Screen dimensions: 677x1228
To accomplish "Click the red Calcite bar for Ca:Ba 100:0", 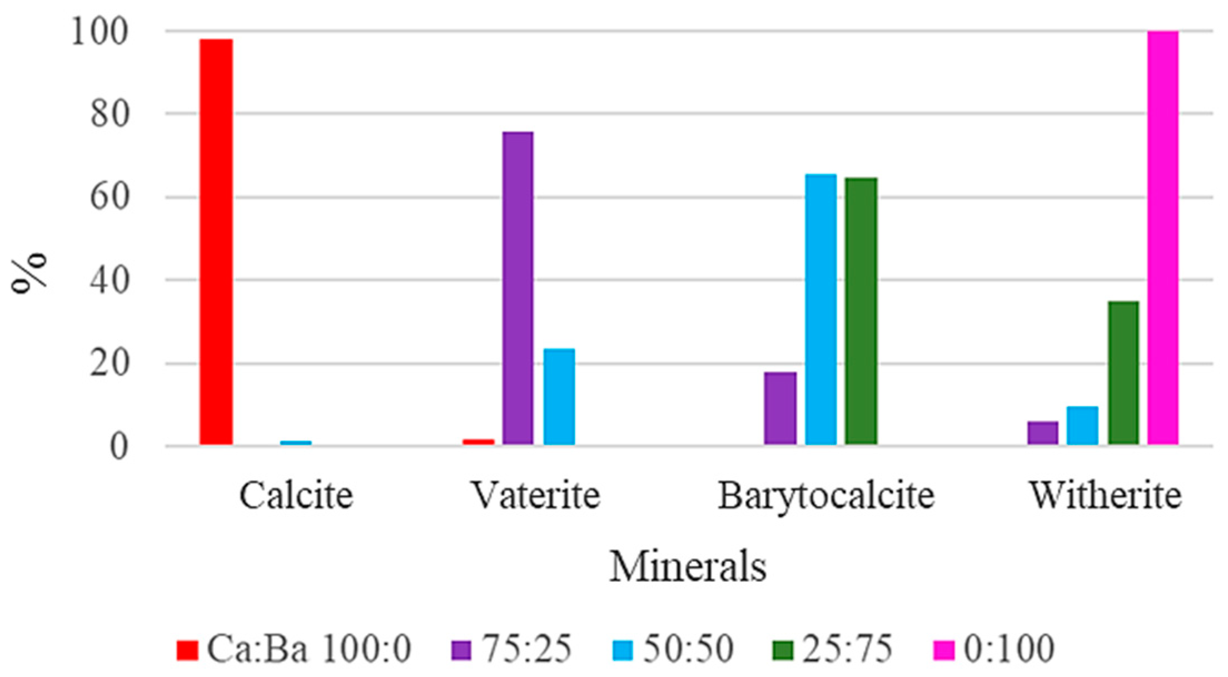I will point(216,242).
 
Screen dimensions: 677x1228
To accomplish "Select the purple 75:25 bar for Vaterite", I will point(518,288).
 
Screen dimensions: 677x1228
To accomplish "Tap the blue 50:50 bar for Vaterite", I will point(559,397).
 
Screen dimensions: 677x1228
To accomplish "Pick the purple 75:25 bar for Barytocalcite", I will point(780,408).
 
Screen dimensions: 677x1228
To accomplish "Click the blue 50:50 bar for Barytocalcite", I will point(821,310).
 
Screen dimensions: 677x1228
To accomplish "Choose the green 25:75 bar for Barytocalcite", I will point(861,312).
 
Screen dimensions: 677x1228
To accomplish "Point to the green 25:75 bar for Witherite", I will point(1123,373).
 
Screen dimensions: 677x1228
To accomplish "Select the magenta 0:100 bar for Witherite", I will point(1163,238).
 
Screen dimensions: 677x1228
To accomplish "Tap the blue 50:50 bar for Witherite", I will point(1082,426).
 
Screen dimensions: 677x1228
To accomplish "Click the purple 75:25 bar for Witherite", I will point(1042,433).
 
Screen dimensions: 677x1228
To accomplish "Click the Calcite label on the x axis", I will point(296,495).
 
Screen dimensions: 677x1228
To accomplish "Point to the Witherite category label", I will point(1105,495).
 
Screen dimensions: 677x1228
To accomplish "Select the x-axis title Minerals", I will point(688,567).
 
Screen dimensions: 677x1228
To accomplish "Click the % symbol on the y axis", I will point(31,273).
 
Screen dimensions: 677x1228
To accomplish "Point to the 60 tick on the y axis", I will point(110,197).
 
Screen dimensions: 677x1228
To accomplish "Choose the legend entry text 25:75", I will point(847,649).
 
